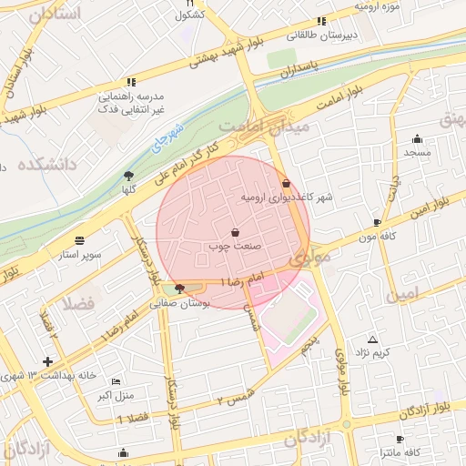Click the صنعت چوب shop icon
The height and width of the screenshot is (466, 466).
(236, 232)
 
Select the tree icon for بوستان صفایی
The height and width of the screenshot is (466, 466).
(177, 289)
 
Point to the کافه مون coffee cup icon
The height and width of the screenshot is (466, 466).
(378, 222)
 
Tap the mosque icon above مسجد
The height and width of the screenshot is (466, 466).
(417, 139)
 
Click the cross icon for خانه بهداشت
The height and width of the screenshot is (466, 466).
(47, 361)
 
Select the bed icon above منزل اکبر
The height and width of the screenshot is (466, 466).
(115, 380)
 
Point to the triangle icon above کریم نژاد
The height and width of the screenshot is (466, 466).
(372, 339)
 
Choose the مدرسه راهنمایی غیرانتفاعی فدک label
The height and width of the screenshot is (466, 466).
(131, 102)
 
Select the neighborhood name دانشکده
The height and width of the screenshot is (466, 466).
(41, 164)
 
